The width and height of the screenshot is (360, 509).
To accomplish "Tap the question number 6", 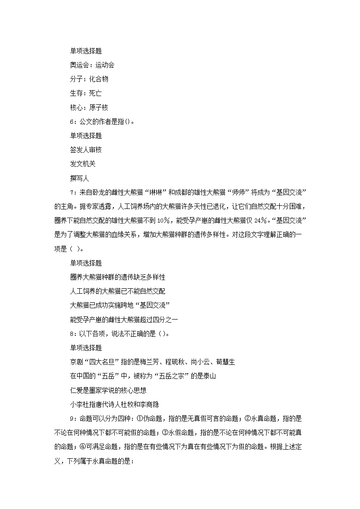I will (x=72, y=121).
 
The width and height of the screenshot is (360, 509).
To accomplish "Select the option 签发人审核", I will (x=86, y=150).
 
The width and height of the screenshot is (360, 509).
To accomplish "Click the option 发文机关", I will (x=83, y=164).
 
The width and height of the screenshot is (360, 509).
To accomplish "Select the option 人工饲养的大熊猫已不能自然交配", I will (x=117, y=291).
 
